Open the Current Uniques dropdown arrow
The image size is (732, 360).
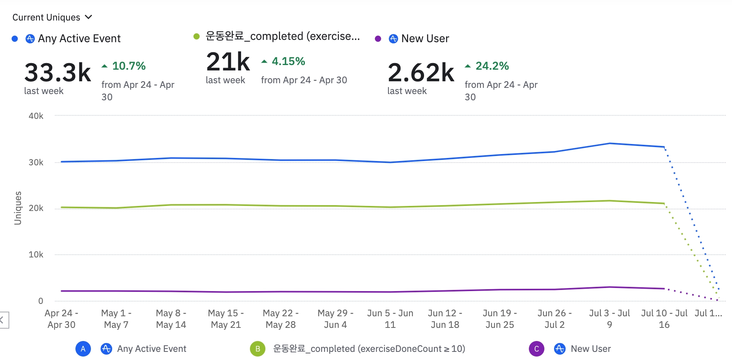point(89,17)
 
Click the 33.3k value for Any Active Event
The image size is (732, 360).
point(58,72)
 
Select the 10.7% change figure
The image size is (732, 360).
point(128,66)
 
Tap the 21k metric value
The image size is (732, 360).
point(228,62)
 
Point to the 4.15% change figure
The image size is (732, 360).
point(288,61)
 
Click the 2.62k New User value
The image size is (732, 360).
point(421,72)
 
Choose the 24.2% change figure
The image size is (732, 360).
point(492,66)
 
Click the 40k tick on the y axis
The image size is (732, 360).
point(36,116)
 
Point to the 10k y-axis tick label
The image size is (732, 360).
point(36,254)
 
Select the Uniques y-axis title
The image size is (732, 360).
point(18,208)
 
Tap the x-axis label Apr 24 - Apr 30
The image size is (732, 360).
point(62,319)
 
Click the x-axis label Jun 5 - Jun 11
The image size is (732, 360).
point(390,319)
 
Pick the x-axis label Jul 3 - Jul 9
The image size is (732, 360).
point(609,319)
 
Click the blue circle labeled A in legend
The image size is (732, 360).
point(83,349)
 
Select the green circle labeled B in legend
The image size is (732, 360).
point(258,349)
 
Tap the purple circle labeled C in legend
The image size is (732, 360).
point(537,349)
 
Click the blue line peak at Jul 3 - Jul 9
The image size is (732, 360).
point(610,144)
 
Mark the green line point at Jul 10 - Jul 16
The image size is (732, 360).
point(664,204)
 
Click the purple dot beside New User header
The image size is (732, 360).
point(378,39)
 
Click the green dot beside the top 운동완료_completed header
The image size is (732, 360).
point(197,36)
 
